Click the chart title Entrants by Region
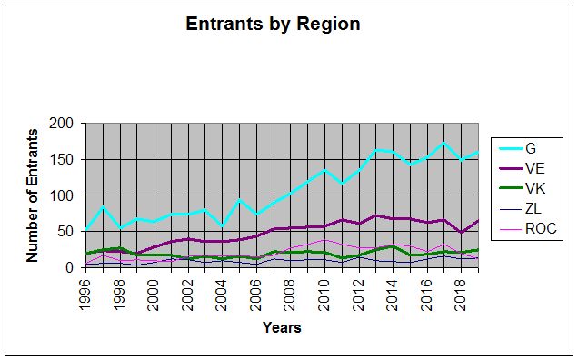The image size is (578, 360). pos(273,25)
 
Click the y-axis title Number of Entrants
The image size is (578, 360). pos(32,195)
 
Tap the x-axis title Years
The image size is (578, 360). pos(282,327)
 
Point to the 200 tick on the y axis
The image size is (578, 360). pos(62,124)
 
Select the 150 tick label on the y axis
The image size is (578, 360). pos(62,159)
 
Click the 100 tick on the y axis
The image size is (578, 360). pos(62,195)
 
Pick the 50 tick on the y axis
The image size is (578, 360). pos(66,231)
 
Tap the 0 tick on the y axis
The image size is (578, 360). pos(70,267)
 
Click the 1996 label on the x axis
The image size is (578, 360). pos(85,295)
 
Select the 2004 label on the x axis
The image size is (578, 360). pos(222,295)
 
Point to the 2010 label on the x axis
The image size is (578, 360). pos(324,295)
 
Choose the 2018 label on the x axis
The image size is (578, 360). pos(461,295)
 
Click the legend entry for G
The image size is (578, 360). pos(517,148)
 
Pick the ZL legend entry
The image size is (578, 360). pos(520,209)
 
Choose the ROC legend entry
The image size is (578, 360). pos(528,229)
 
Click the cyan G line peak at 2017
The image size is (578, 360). pos(444,143)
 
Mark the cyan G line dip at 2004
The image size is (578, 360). pos(222,226)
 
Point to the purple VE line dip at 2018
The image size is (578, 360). pos(461,232)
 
